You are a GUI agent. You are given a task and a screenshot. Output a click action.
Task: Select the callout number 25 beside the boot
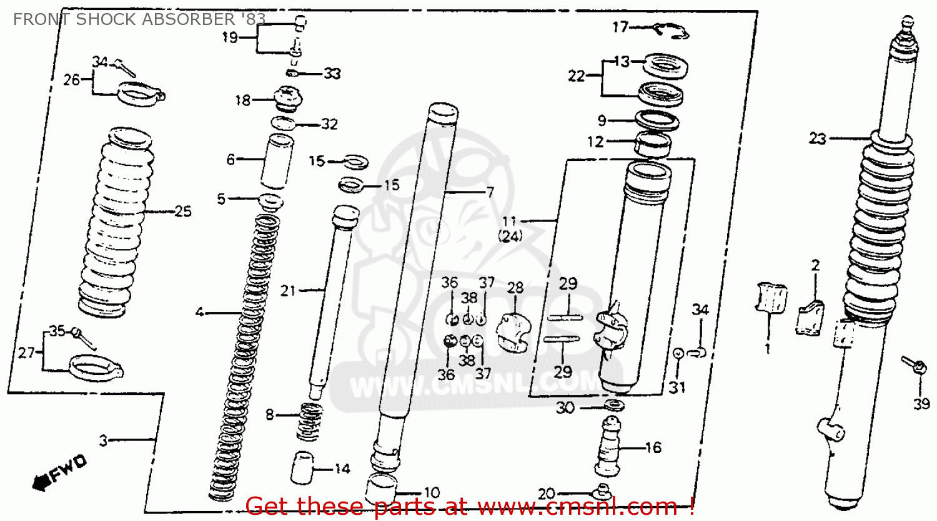(x=182, y=212)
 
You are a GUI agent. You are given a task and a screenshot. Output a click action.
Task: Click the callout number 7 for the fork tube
(x=490, y=192)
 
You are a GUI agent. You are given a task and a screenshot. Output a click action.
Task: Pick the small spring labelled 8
(x=309, y=420)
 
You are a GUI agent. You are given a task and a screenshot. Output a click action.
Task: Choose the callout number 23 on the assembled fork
(x=817, y=138)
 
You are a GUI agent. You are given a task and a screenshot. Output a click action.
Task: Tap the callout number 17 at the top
(x=620, y=27)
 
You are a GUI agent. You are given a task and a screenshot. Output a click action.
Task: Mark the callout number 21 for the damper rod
(x=287, y=290)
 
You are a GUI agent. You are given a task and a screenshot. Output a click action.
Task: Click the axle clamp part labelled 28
(x=513, y=333)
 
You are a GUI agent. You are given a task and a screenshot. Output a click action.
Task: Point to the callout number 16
(x=653, y=447)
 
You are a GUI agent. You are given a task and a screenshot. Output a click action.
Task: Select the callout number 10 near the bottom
(x=432, y=493)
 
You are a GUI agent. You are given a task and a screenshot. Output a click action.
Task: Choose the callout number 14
(x=342, y=469)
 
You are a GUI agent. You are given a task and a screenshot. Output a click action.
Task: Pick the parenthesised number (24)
(x=510, y=236)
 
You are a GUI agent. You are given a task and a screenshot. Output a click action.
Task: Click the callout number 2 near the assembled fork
(x=815, y=265)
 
